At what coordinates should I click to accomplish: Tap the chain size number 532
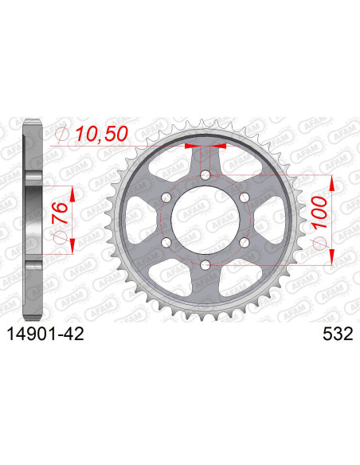point(328,336)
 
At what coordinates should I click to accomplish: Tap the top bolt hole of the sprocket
point(205,175)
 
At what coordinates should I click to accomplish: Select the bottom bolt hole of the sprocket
point(205,264)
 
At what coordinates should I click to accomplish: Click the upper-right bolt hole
point(244,197)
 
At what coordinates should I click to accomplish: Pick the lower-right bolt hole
point(244,241)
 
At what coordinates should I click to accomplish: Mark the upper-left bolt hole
point(167,197)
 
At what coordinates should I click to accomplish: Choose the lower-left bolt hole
point(167,241)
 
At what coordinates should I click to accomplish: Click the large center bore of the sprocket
point(205,219)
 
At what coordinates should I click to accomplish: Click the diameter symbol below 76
point(57,239)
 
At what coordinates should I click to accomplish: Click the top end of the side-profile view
point(29,121)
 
